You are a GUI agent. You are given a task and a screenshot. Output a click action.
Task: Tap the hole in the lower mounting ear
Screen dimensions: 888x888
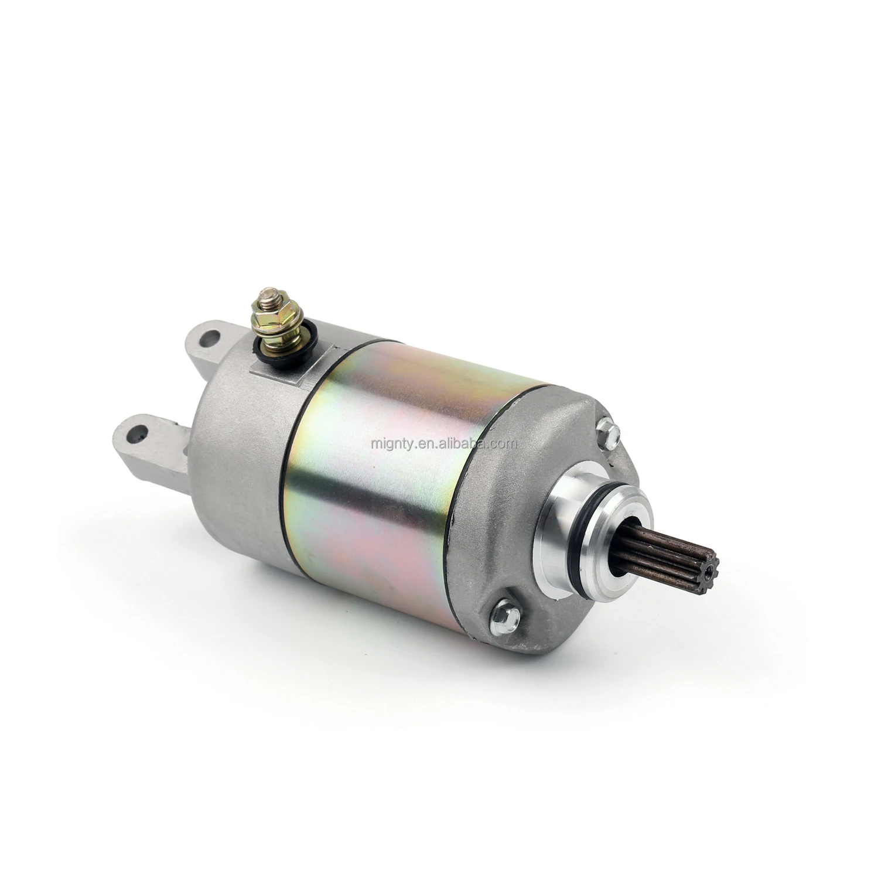coord(138,434)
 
